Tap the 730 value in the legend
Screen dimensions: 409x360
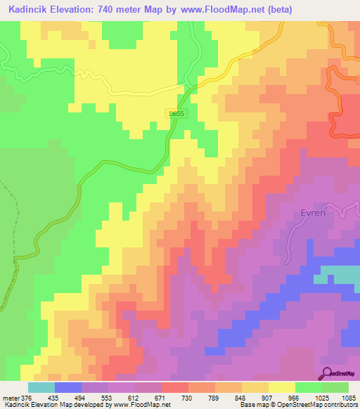pyautogui.click(x=187, y=397)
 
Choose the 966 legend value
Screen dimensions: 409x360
pyautogui.click(x=294, y=397)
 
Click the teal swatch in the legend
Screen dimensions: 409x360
pyautogui.click(x=41, y=387)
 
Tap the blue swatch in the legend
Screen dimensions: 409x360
pyautogui.click(x=68, y=387)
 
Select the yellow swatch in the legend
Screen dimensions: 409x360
pyautogui.click(x=282, y=387)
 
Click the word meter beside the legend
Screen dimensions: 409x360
pyautogui.click(x=10, y=397)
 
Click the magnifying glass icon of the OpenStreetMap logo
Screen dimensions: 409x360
pyautogui.click(x=328, y=372)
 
